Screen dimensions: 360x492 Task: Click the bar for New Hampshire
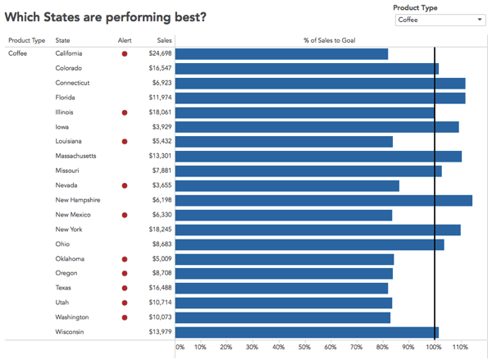(324, 200)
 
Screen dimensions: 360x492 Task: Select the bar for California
(281, 53)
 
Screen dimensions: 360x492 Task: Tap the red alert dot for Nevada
(125, 186)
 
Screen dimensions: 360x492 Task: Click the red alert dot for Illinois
(125, 112)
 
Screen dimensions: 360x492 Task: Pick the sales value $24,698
(160, 53)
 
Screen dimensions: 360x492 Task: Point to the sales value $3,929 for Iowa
(162, 127)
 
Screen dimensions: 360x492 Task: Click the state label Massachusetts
(75, 156)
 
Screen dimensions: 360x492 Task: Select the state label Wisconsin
(71, 332)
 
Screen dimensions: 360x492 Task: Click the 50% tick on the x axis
(304, 348)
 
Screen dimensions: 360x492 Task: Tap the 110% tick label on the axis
(459, 348)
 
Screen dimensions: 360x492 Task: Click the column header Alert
(125, 39)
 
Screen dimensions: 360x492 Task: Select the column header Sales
(165, 39)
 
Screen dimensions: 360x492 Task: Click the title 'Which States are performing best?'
(106, 16)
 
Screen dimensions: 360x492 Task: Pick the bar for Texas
(281, 288)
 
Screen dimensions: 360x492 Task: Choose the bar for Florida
(320, 98)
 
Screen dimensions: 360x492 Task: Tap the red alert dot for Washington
(125, 317)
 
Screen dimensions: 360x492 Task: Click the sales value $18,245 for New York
(160, 230)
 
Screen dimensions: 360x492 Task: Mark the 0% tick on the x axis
(180, 348)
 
